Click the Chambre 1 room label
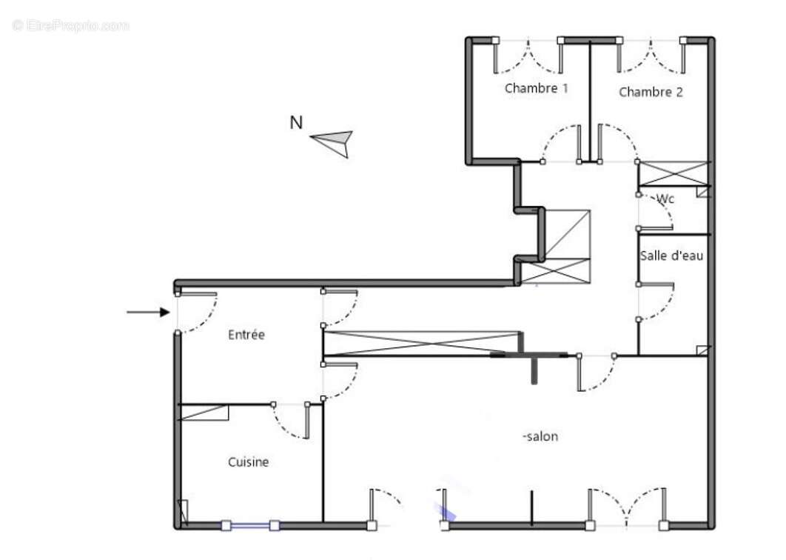click(536, 88)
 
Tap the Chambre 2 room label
click(651, 93)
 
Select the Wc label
click(665, 199)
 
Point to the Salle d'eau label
click(671, 256)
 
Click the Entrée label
click(246, 335)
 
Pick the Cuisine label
click(248, 462)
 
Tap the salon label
click(541, 437)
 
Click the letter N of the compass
click(296, 123)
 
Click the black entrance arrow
click(148, 313)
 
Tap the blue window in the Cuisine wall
click(250, 526)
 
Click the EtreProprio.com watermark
click(71, 26)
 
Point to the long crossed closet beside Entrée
click(422, 343)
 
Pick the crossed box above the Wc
click(674, 174)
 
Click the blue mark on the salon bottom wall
click(446, 511)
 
